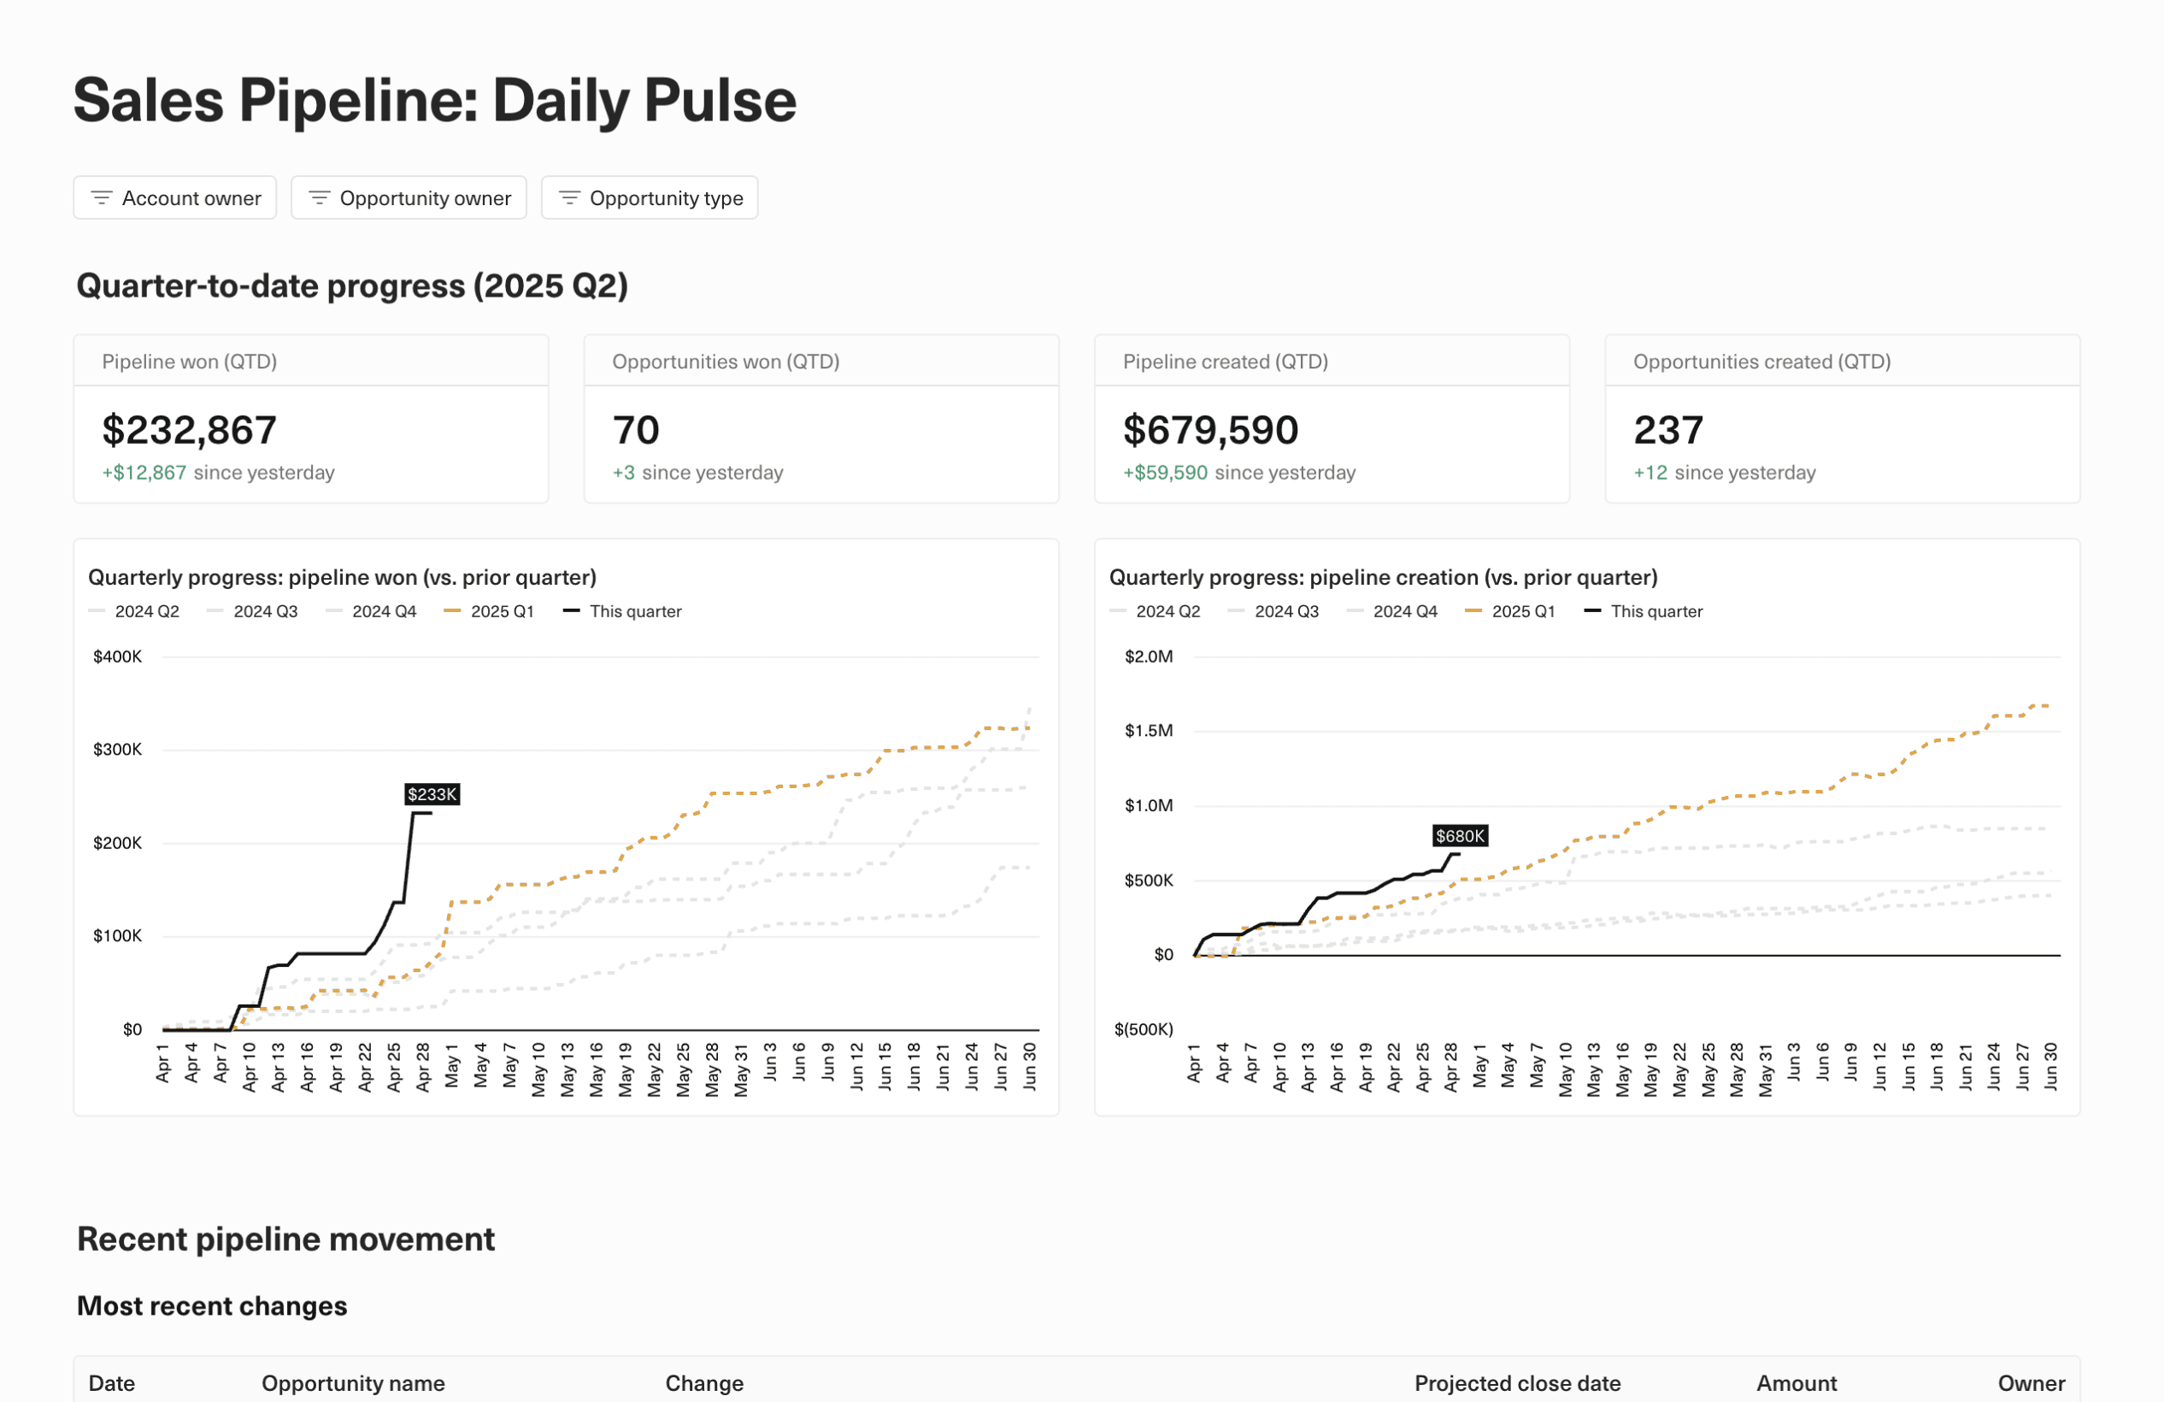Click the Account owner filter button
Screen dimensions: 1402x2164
pyautogui.click(x=174, y=198)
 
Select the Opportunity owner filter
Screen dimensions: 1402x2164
pyautogui.click(x=409, y=198)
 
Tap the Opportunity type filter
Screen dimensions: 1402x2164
pyautogui.click(x=650, y=198)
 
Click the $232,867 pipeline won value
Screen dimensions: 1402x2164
pyautogui.click(x=189, y=430)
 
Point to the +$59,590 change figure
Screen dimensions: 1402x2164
pyautogui.click(x=1165, y=473)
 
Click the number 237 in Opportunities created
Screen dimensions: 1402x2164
pyautogui.click(x=1667, y=430)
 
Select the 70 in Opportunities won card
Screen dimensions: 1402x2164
pyautogui.click(x=636, y=430)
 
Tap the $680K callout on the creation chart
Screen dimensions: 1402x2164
pyautogui.click(x=1460, y=835)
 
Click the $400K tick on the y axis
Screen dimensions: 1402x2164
pyautogui.click(x=117, y=657)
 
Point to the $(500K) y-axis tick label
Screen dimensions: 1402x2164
pyautogui.click(x=1143, y=1029)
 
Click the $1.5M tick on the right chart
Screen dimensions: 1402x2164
pyautogui.click(x=1149, y=731)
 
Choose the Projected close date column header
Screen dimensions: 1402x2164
pyautogui.click(x=1517, y=1383)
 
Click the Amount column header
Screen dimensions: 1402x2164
pyautogui.click(x=1796, y=1383)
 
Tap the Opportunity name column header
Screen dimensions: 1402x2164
pyautogui.click(x=353, y=1383)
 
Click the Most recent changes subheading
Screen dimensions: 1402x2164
pyautogui.click(x=212, y=1305)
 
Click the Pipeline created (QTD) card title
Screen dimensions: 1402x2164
pyautogui.click(x=1225, y=362)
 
